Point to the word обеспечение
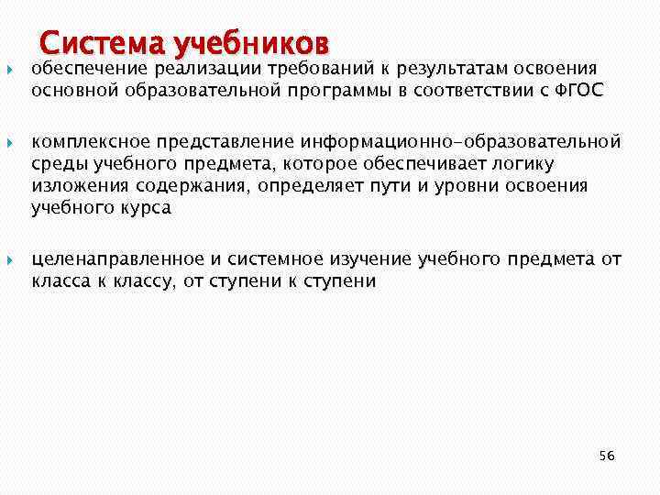pyautogui.click(x=90, y=69)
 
